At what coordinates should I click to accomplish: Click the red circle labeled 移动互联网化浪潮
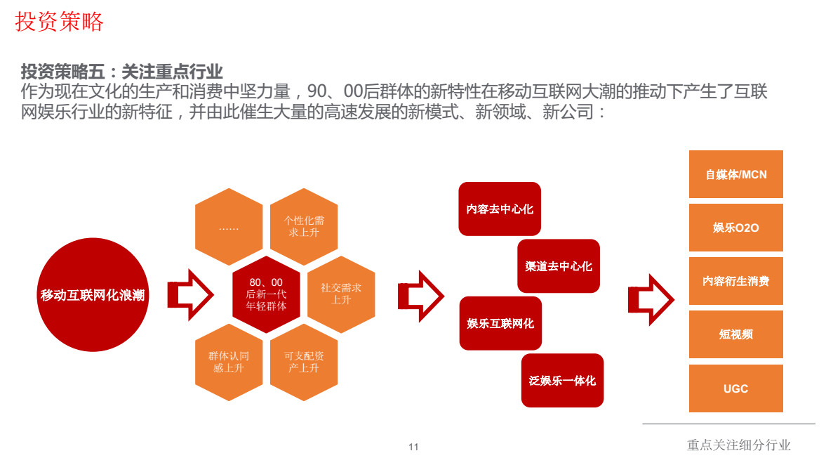[93, 295]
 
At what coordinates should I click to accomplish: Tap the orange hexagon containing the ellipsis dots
[229, 228]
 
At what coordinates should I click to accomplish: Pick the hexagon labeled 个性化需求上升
[304, 226]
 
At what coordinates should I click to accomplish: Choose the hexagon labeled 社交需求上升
[341, 294]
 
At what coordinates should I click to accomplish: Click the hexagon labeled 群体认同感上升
[229, 362]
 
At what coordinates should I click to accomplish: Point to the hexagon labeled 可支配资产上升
[304, 362]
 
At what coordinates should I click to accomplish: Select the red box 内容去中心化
[500, 209]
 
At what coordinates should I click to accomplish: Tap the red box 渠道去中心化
[559, 266]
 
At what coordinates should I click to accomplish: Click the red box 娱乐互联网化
[500, 323]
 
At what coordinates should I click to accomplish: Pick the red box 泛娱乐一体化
[562, 380]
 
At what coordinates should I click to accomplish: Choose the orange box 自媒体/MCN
[736, 174]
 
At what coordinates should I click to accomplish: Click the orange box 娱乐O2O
[736, 228]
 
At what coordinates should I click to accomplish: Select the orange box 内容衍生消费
[736, 281]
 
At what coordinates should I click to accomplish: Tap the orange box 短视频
[736, 334]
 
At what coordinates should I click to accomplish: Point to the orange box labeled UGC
[736, 388]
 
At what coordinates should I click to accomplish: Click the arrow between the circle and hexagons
[189, 294]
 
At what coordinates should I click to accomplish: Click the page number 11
[413, 447]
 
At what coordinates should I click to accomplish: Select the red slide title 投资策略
[60, 22]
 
